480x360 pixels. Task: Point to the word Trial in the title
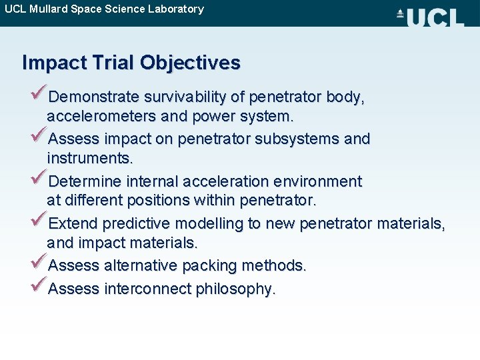coord(111,63)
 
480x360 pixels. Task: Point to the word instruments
coord(89,159)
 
